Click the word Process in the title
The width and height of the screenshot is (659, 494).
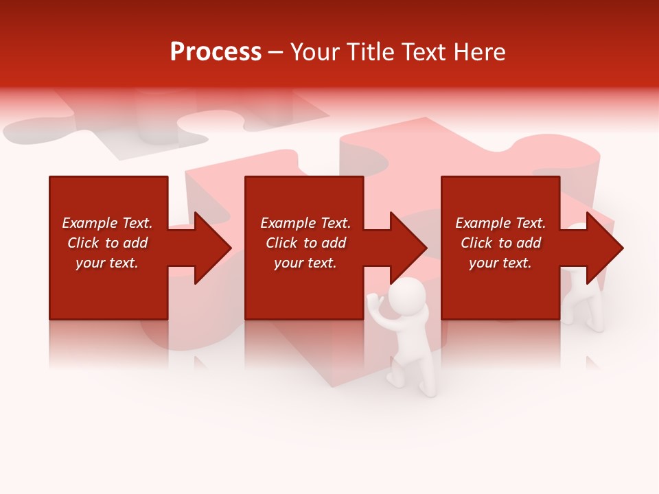click(x=216, y=52)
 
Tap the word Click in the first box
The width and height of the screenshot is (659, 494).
click(x=83, y=243)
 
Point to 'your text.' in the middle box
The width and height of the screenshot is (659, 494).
click(x=305, y=263)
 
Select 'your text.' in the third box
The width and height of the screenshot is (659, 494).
click(x=500, y=263)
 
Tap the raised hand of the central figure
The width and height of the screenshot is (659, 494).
click(x=373, y=301)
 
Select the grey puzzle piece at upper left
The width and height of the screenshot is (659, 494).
click(x=137, y=127)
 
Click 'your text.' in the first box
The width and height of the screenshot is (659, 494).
click(x=107, y=263)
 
